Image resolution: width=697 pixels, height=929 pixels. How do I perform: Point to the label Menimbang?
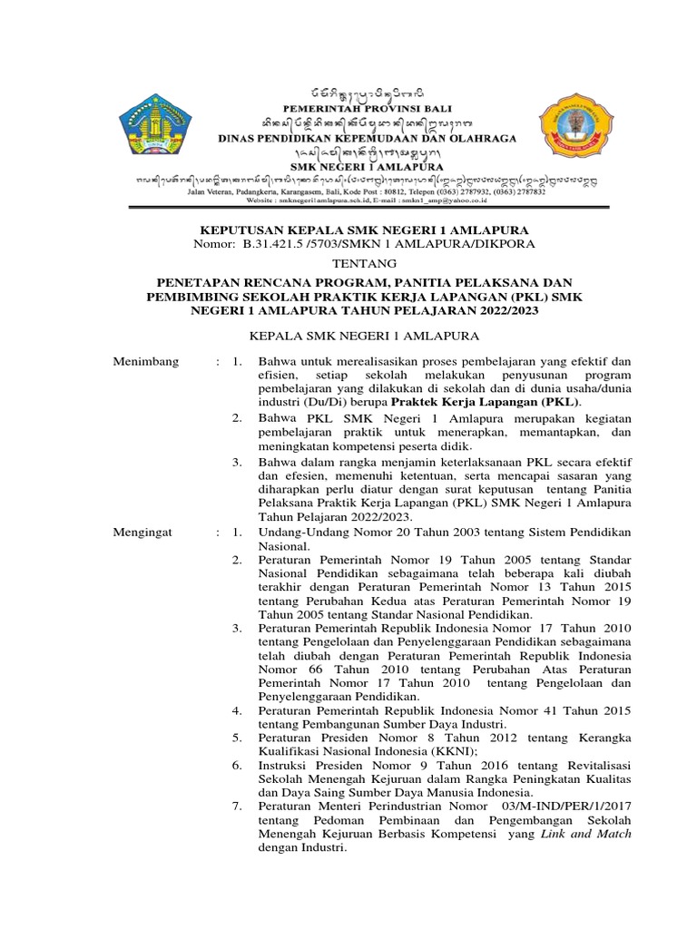point(141,361)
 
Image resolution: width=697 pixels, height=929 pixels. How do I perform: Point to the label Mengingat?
point(140,532)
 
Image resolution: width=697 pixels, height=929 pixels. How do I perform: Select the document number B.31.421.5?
point(277,244)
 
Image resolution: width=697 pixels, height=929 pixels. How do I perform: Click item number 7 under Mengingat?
point(236,805)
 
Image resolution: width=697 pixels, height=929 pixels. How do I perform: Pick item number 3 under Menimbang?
point(236,462)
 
